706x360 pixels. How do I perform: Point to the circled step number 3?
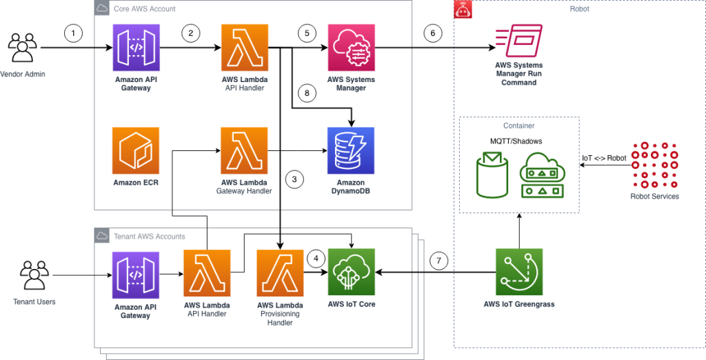[x=294, y=179]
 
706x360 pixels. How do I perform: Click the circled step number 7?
[x=438, y=261]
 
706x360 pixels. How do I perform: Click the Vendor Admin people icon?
[x=22, y=48]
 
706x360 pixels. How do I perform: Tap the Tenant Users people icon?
[x=32, y=275]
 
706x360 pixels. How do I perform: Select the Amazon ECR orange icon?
[x=135, y=150]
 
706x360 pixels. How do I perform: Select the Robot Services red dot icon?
[x=654, y=164]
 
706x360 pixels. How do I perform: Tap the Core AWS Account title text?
[x=144, y=9]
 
